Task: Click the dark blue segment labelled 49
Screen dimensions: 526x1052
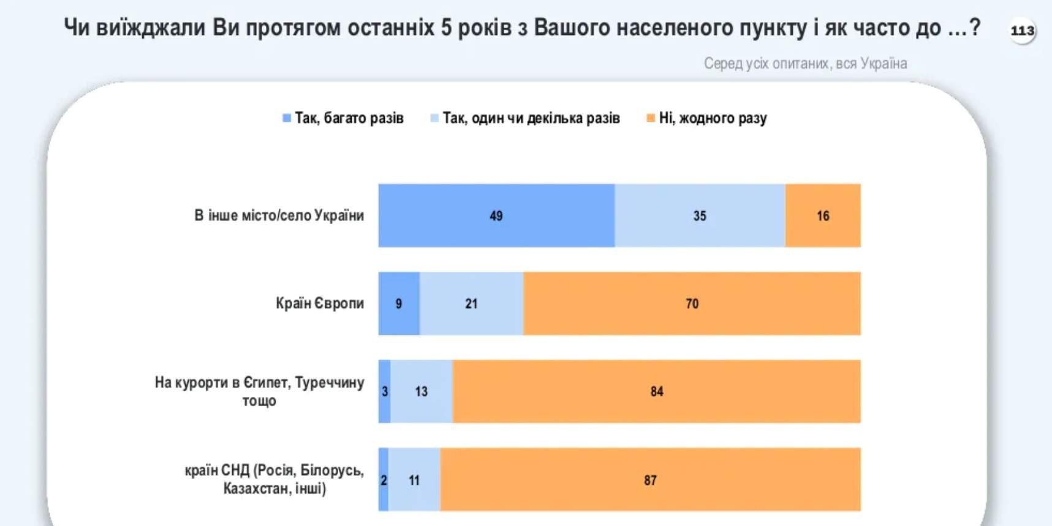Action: tap(496, 216)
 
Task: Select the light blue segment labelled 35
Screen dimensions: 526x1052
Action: tap(700, 216)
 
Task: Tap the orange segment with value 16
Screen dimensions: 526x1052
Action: tap(823, 216)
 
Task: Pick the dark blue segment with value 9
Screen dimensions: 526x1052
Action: tap(399, 304)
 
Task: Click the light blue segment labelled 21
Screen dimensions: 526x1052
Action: tap(471, 304)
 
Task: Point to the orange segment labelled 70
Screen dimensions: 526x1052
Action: tap(692, 304)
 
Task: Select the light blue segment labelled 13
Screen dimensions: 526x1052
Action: tap(422, 391)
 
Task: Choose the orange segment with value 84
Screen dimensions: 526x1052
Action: tap(656, 391)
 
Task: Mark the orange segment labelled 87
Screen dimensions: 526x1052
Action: tap(650, 479)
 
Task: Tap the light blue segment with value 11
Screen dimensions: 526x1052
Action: tap(414, 479)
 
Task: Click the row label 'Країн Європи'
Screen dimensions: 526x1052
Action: tap(319, 303)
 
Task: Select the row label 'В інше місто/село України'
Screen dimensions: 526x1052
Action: tap(279, 216)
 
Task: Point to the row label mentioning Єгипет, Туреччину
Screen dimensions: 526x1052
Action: tap(259, 391)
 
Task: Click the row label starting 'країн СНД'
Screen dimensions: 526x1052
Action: tap(274, 479)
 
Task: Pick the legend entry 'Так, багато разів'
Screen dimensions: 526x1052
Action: tap(349, 118)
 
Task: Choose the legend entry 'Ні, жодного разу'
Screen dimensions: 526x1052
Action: tap(713, 118)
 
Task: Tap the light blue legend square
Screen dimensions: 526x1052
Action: tap(434, 118)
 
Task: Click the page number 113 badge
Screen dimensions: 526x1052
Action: tap(1022, 30)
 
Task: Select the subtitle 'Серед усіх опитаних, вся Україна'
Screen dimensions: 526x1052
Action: tap(805, 64)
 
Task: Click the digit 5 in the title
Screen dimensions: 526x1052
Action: tap(447, 28)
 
